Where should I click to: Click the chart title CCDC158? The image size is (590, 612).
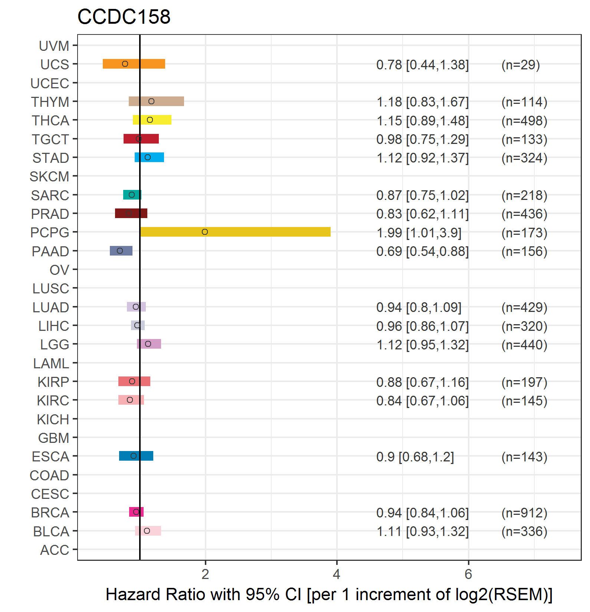click(124, 17)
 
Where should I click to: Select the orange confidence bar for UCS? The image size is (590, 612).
click(134, 64)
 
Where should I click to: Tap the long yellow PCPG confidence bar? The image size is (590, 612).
click(235, 232)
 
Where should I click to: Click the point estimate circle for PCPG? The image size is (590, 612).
click(205, 232)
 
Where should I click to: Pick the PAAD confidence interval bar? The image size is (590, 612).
click(121, 251)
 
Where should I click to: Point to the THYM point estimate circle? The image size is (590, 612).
click(151, 101)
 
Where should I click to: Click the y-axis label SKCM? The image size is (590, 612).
click(49, 177)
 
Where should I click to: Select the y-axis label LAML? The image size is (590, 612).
click(51, 363)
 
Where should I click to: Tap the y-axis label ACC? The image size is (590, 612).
click(55, 550)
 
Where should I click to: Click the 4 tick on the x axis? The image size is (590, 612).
click(337, 574)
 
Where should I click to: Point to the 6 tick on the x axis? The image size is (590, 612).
click(468, 574)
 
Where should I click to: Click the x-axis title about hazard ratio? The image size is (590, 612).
click(329, 595)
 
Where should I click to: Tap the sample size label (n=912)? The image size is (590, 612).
click(524, 513)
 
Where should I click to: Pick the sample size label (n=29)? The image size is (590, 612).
click(521, 65)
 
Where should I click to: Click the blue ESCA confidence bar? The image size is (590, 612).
click(136, 456)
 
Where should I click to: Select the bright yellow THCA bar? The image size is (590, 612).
click(152, 120)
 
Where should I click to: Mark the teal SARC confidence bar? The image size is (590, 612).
click(132, 195)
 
